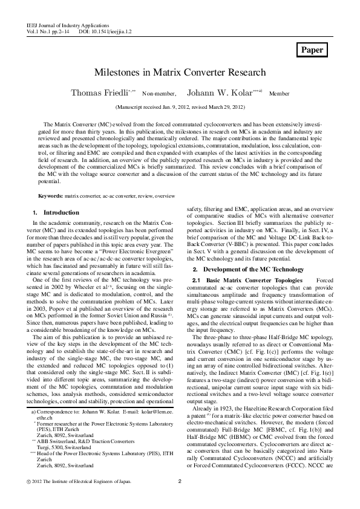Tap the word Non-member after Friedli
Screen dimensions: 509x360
(159, 94)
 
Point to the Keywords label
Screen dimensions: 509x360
(51, 196)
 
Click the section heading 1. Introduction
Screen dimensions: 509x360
(55, 213)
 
